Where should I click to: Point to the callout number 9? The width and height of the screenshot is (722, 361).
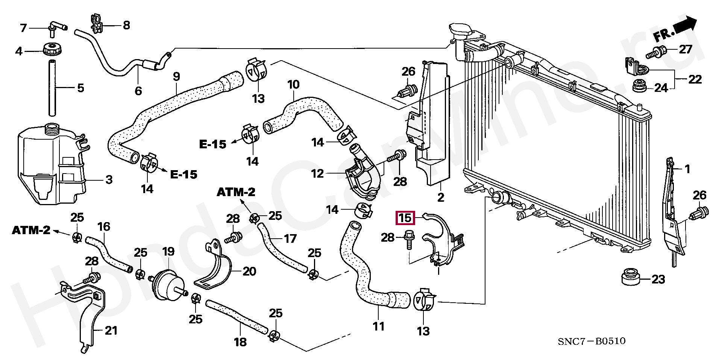click(176, 76)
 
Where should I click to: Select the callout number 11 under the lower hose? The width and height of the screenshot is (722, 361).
click(378, 326)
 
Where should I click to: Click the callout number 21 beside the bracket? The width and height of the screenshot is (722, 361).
click(111, 331)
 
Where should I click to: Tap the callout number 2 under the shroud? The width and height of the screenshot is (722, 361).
click(440, 197)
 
